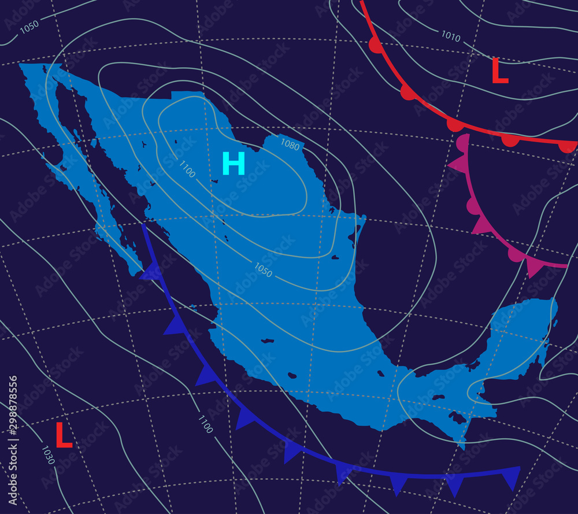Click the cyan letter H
click(234, 164)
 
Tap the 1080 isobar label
click(290, 144)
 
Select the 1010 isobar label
click(451, 36)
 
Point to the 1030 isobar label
click(47, 455)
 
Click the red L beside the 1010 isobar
click(499, 72)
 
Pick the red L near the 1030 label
click(64, 435)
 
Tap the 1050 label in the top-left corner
click(29, 25)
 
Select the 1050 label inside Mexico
click(263, 270)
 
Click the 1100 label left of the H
click(187, 169)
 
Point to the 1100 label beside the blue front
click(205, 424)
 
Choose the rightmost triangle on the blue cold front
click(510, 478)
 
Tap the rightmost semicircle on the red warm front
click(567, 147)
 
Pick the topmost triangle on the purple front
click(457, 164)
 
